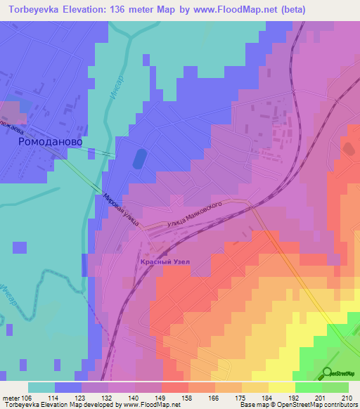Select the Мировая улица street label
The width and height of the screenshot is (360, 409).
coord(121,209)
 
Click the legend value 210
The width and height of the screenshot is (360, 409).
coord(345,398)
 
